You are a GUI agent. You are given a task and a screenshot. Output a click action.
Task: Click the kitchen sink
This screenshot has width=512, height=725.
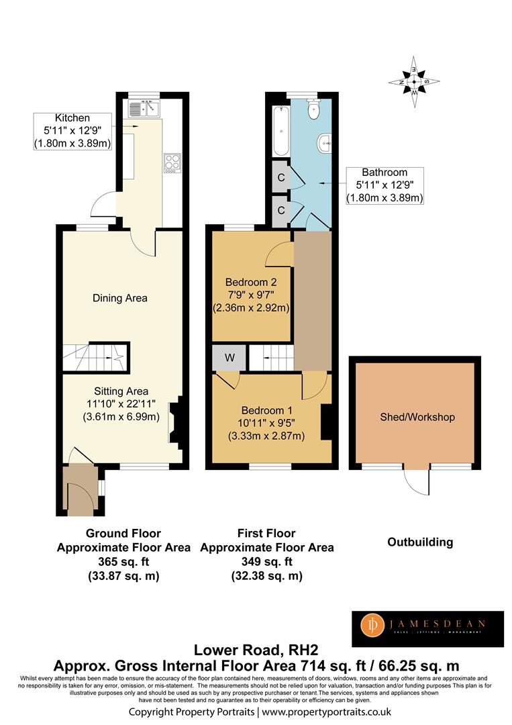tap(144, 109)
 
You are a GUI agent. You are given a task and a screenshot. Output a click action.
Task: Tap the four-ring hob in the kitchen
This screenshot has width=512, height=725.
tap(172, 163)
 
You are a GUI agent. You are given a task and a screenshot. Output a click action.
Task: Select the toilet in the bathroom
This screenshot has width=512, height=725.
tap(313, 109)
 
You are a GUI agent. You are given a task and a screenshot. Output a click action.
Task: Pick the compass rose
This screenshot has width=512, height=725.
tap(414, 82)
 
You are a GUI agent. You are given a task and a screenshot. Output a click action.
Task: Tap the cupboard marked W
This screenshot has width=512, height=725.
tap(229, 358)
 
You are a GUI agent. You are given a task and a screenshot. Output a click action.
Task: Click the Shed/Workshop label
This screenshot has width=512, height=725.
tap(417, 417)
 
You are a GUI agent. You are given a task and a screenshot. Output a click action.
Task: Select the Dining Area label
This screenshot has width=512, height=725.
tap(120, 298)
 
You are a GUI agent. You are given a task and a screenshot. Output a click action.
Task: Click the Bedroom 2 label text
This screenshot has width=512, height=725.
tap(251, 282)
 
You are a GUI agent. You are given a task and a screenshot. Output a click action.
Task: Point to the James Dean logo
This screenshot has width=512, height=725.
tap(428, 629)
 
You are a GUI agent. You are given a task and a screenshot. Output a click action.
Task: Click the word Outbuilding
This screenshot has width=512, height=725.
tap(420, 542)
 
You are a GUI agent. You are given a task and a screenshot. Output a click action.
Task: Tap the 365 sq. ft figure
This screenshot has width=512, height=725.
tap(123, 562)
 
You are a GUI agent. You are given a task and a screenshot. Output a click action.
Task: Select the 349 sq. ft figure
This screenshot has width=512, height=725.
tap(266, 562)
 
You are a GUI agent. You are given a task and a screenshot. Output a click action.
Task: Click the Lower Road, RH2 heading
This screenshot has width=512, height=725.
tap(256, 650)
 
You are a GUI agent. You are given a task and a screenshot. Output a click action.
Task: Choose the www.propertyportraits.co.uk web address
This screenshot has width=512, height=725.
tap(327, 712)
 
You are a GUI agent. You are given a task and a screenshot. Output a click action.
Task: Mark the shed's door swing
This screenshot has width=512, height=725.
tap(416, 482)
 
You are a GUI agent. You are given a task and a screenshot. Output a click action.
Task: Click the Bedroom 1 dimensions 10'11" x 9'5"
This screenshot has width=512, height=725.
tap(266, 423)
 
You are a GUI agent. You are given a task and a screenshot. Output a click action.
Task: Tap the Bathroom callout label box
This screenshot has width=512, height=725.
tap(385, 185)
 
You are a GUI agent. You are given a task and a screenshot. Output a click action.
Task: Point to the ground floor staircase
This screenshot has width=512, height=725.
tap(96, 356)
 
